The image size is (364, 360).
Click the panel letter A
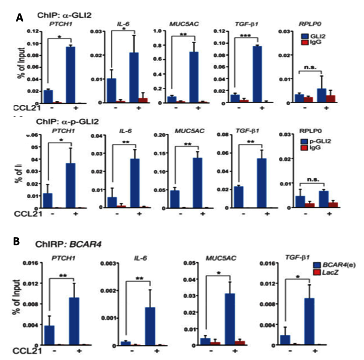click(x=19, y=18)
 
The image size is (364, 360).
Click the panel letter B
click(x=17, y=242)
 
